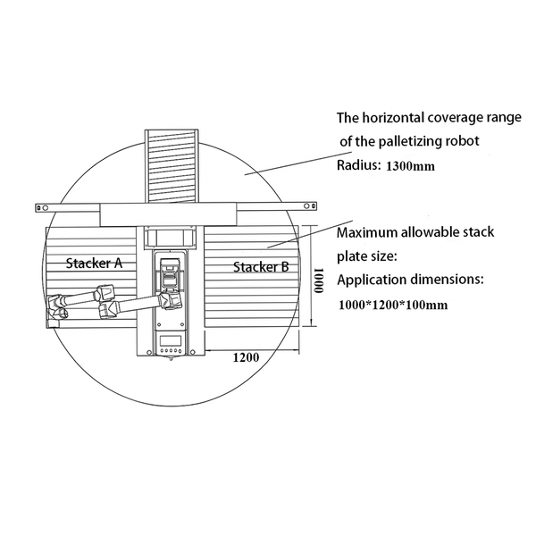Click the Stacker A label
coord(94,263)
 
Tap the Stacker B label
coord(261,266)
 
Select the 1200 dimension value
coord(246,357)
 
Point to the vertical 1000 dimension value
coord(319,281)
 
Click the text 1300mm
coord(411,166)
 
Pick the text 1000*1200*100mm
coord(393,305)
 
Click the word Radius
coord(358,165)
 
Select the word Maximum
coord(367,232)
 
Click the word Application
coord(372,280)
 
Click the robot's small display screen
coord(171,340)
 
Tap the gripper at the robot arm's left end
coord(57,307)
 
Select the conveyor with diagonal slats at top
coord(172,166)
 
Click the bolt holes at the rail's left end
coord(42,207)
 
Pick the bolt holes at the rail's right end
coord(310,205)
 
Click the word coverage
coord(451,118)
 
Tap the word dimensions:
coord(448,280)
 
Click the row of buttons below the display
coord(171,350)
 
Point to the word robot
coord(465,141)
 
